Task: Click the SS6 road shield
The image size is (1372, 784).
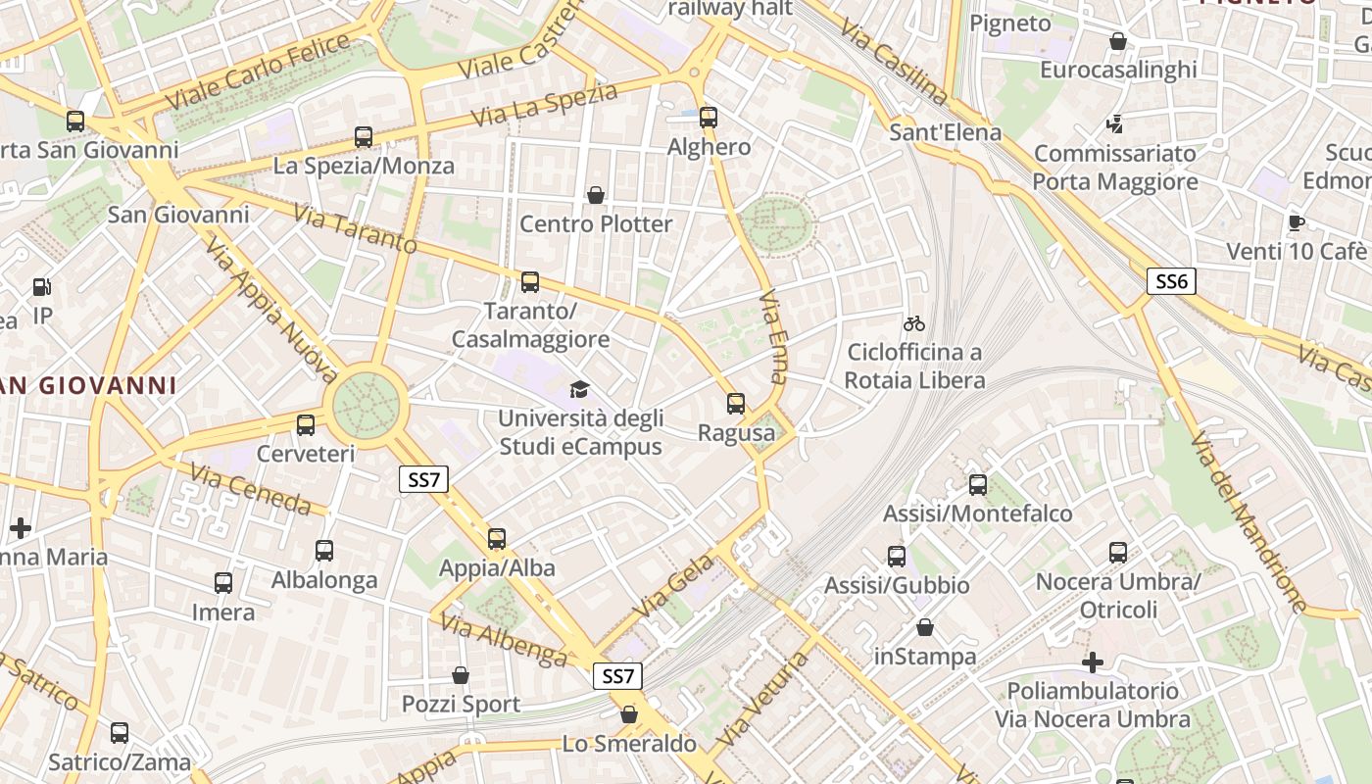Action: click(x=1171, y=282)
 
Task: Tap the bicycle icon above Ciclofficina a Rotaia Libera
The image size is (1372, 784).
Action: click(x=914, y=323)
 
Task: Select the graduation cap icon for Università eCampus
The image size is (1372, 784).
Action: click(x=580, y=390)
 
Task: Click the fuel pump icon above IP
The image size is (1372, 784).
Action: click(x=42, y=287)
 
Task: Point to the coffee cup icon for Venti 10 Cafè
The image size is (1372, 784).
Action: click(x=1297, y=222)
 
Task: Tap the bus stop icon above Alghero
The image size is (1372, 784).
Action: click(x=709, y=118)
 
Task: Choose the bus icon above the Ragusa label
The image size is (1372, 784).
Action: click(x=736, y=403)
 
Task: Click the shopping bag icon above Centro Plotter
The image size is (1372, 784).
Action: click(x=595, y=195)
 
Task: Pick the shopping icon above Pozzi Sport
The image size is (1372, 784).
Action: click(x=461, y=675)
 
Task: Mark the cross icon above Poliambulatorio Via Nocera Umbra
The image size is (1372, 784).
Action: click(x=1093, y=662)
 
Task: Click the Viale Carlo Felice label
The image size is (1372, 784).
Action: click(x=258, y=71)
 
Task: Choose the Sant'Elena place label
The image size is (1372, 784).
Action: click(x=946, y=132)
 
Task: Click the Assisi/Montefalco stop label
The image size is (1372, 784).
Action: click(x=978, y=514)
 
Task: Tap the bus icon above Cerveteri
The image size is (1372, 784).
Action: click(x=306, y=425)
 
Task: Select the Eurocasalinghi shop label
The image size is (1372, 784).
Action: click(x=1118, y=70)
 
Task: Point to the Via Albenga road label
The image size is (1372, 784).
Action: click(x=503, y=639)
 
